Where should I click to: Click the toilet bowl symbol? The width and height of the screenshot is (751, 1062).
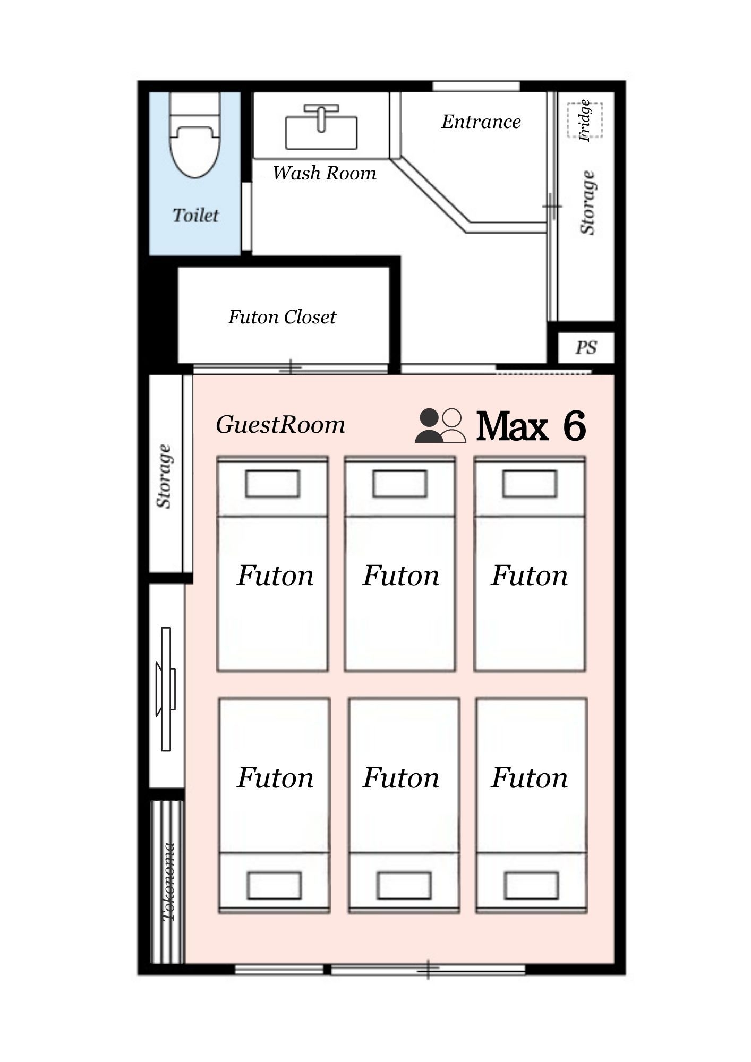(x=194, y=135)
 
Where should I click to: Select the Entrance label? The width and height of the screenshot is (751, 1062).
(x=481, y=122)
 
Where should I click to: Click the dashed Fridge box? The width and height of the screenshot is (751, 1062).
(x=585, y=120)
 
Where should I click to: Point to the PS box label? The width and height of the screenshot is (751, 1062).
(x=586, y=348)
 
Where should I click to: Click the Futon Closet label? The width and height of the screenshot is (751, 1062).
(x=282, y=317)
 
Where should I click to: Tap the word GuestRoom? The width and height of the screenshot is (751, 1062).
(x=280, y=425)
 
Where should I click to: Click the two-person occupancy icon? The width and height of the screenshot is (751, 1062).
(x=440, y=426)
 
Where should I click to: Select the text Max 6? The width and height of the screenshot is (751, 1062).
(x=531, y=426)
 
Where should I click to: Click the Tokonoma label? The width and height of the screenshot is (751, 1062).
(x=168, y=882)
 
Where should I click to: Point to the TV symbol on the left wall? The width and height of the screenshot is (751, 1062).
(x=166, y=689)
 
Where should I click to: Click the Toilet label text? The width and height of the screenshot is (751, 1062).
(x=195, y=215)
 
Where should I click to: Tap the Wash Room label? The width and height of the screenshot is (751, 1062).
(x=325, y=173)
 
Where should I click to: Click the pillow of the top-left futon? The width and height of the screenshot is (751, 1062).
(x=272, y=484)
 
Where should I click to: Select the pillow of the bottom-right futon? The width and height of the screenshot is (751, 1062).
(x=531, y=885)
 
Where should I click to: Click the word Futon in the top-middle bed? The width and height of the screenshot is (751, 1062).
(x=401, y=576)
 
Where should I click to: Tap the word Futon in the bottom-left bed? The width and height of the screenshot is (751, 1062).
(x=275, y=778)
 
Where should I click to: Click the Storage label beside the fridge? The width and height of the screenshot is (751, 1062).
(x=587, y=202)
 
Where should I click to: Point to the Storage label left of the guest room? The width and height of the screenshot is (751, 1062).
(x=164, y=476)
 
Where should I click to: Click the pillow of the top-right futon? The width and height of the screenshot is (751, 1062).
(x=530, y=484)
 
